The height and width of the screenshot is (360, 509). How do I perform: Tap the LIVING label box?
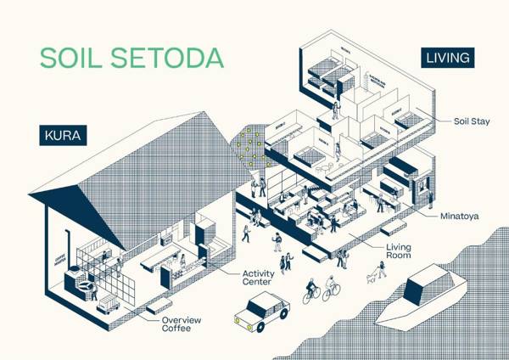point(448,58)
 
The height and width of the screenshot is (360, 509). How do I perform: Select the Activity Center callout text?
point(259,278)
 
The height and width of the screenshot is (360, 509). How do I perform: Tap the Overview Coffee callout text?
point(181,324)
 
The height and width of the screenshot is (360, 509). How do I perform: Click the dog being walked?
point(370,276)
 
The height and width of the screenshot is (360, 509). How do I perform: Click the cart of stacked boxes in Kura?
point(107,307)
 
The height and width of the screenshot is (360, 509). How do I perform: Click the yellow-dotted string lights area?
point(251,149)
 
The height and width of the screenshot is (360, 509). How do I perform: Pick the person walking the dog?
point(382,267)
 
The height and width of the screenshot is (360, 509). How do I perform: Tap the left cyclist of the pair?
point(310,291)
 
